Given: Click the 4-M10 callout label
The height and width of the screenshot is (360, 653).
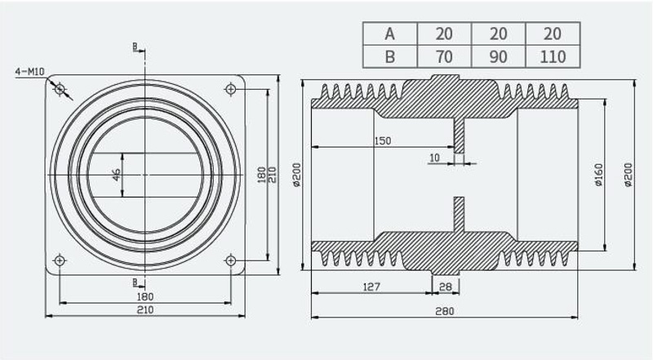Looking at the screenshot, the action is [x=29, y=72].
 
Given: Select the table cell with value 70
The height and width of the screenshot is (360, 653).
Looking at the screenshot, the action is [x=444, y=56].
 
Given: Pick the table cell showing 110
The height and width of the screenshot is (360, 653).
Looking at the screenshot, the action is [x=553, y=56].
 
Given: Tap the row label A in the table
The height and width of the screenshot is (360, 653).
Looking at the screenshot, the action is [x=390, y=33].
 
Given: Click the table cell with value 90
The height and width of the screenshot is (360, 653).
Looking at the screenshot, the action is [x=499, y=56].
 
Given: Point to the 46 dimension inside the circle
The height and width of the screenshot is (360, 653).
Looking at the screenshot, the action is [x=116, y=175].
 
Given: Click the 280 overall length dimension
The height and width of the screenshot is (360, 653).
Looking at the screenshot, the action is [x=444, y=311].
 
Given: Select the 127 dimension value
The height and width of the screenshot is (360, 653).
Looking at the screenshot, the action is [x=371, y=287].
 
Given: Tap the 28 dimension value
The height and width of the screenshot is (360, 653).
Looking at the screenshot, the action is [x=445, y=287].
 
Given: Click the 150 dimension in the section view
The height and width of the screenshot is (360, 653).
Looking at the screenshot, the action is [x=382, y=141].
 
